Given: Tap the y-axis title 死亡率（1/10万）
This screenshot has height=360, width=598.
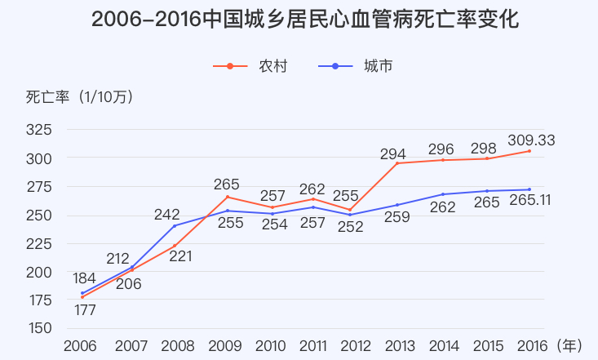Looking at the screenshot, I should pyautogui.click(x=79, y=97).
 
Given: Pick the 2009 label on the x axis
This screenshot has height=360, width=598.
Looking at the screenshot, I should pyautogui.click(x=225, y=346).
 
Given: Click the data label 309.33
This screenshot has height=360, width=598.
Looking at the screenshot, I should pyautogui.click(x=531, y=140).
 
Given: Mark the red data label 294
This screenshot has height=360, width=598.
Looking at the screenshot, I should pyautogui.click(x=393, y=153).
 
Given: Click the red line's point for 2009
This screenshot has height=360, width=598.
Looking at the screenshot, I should pyautogui.click(x=228, y=197).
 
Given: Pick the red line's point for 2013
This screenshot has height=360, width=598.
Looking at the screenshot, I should pyautogui.click(x=397, y=163).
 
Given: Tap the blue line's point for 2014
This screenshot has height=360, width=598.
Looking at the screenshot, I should pyautogui.click(x=443, y=194).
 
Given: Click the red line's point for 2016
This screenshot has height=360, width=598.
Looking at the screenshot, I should pyautogui.click(x=529, y=151).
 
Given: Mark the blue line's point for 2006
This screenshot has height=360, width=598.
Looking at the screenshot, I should pyautogui.click(x=82, y=293).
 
